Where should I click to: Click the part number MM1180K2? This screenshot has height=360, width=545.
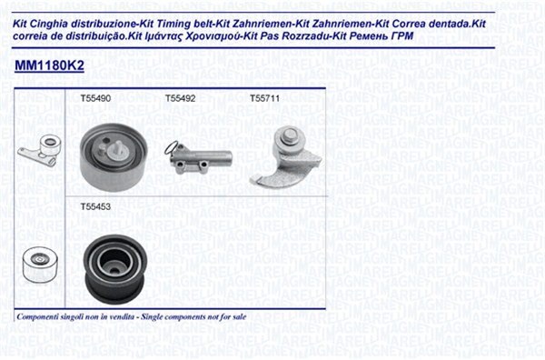pos(49,65)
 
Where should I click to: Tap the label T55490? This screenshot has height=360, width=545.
pos(95,98)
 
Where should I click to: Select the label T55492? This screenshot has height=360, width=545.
pos(181,98)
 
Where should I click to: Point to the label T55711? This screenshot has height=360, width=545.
pos(264,98)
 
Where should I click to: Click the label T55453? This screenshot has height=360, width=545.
pos(95,207)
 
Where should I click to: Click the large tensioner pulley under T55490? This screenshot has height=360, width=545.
pos(114,157)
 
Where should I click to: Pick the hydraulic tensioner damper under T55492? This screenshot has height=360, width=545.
pos(198,158)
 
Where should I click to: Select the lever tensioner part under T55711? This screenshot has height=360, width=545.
pos(286,157)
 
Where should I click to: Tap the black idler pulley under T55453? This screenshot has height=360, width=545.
pos(114,269)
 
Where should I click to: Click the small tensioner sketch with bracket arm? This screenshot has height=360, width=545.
pos(40,151)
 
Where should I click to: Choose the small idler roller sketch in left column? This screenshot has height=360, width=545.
pos(38,264)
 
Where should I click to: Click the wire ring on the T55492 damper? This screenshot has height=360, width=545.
pos(171,147)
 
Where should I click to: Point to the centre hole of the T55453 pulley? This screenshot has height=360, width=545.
pos(114,265)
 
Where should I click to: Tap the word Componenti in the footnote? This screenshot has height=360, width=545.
pos(36,317)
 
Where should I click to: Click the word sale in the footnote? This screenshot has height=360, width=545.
pos(240,317)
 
